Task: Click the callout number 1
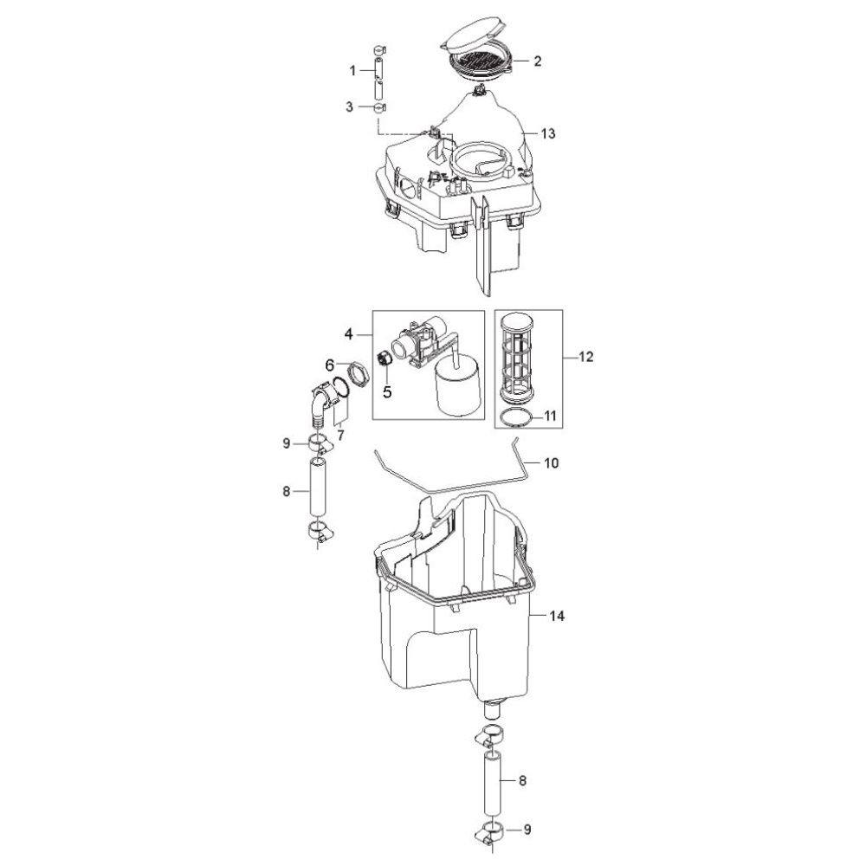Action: coord(352,71)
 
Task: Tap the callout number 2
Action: coord(538,61)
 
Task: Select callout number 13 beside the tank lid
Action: coord(548,133)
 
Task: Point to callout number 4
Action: coord(348,334)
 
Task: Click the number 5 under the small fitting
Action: coord(387,392)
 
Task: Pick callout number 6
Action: coord(330,365)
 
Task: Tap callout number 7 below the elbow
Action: coord(340,436)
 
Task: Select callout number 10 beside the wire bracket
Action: coord(552,462)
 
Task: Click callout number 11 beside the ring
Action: coord(550,416)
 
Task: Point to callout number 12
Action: coord(586,357)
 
